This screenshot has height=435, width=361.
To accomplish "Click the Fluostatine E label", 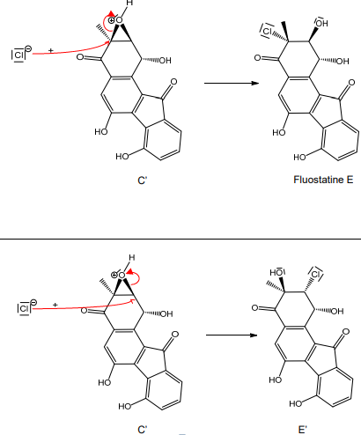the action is pos(323,180).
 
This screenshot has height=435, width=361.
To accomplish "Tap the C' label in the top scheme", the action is pos(142,181).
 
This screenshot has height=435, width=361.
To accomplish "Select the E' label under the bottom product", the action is pos(302,430).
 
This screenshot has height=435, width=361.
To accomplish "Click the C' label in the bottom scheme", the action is pos(142,430).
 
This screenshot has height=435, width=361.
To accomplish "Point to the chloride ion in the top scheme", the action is pos(19,55).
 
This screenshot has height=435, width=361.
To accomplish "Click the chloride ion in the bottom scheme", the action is pos(26,307).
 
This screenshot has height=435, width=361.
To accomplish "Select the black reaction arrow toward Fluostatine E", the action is pos(232,83).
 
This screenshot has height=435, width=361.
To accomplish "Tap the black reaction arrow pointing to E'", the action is pos(232,335).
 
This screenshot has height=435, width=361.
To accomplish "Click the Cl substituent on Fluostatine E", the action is pos(267,31).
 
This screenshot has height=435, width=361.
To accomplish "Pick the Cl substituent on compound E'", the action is pos(316,274).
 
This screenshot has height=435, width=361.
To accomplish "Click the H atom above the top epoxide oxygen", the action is pos(129,4).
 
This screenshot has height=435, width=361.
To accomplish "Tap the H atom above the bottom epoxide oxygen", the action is pos(132,258).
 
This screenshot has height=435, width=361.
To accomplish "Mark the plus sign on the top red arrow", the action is pos(51,51).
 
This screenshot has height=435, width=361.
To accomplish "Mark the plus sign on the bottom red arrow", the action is pos(55,305).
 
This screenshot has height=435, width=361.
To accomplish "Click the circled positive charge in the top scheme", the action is pos(111,20).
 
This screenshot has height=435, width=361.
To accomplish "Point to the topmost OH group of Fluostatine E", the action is pos(322,23).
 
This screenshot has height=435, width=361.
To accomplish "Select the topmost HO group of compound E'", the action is pos(276,272).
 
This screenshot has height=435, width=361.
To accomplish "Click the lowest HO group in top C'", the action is pos(122,157).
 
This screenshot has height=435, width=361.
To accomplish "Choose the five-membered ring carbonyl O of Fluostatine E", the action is pos(351,83).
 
